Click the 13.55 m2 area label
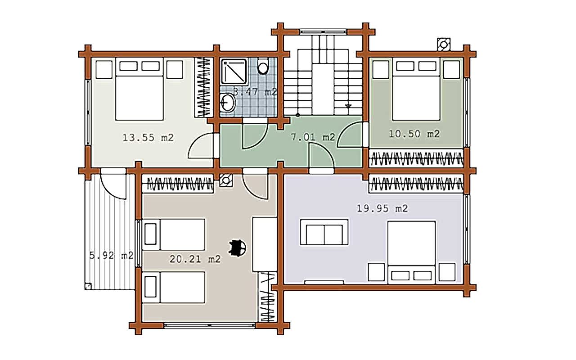pos(148,138)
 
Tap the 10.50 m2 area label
pos(414,134)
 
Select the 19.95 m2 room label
pos(382,208)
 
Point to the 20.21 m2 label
pos(195,259)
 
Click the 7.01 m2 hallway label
pos(313,137)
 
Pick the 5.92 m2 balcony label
pos(111,256)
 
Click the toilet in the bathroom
pos(263,66)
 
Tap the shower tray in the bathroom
pos(234,72)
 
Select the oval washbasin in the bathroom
pos(228,102)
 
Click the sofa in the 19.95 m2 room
pos(324,232)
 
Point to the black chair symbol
pos(237,248)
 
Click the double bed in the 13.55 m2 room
pos(139,89)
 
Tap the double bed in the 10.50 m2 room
pos(416,89)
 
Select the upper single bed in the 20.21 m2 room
pos(174,234)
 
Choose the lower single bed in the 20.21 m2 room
pos(174,287)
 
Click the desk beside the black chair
pos(265,244)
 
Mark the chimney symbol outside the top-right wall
pos(444,45)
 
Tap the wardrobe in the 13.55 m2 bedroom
pos(204,87)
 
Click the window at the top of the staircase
pos(324,32)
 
